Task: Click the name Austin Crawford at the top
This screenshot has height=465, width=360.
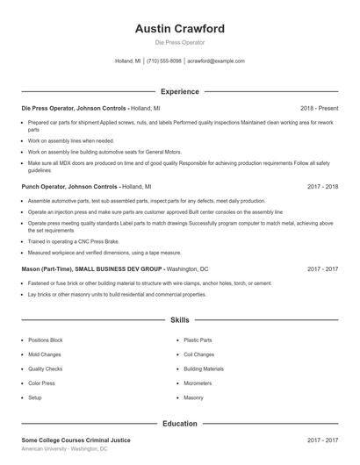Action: [180, 28]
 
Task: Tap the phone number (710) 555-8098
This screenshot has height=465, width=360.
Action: [163, 61]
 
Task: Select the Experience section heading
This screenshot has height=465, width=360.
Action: [180, 91]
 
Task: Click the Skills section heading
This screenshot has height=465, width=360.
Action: [180, 321]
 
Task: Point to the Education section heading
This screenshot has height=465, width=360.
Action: [180, 423]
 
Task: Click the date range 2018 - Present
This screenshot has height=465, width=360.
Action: [319, 108]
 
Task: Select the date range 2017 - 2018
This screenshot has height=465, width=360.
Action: [323, 187]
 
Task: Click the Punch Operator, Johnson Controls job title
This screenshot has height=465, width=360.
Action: [69, 187]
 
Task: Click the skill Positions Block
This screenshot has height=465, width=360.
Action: [46, 340]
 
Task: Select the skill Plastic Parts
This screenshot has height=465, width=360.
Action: [198, 340]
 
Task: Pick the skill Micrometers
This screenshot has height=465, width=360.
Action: [198, 383]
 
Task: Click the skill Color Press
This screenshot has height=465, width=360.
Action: [42, 383]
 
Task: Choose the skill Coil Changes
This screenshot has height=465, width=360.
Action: [199, 354]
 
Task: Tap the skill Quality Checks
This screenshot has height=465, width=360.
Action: [46, 369]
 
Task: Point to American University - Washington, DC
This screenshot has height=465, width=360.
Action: [64, 448]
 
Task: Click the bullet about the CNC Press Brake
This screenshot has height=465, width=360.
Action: [74, 240]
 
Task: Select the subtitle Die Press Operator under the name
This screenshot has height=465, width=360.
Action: [180, 42]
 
